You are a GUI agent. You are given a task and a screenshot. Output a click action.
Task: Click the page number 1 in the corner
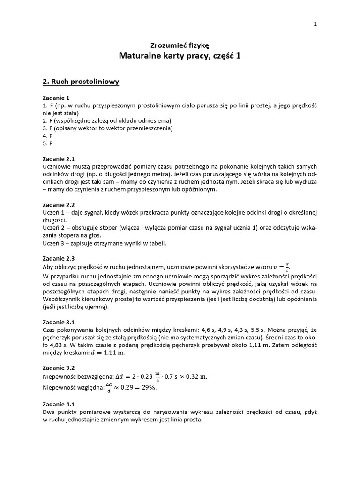[x=315, y=25]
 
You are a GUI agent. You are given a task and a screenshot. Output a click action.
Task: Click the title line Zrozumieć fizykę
[x=180, y=45]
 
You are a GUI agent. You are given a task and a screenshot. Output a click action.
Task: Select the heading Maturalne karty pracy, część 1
[x=180, y=56]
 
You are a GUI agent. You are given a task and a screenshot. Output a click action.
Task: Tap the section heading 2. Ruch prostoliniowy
[x=81, y=82]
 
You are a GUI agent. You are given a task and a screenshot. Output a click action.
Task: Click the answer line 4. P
[x=47, y=135]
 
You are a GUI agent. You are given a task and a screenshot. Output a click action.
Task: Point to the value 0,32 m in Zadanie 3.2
[x=194, y=376]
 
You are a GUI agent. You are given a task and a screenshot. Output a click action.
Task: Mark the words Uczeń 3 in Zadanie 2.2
[x=54, y=243]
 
